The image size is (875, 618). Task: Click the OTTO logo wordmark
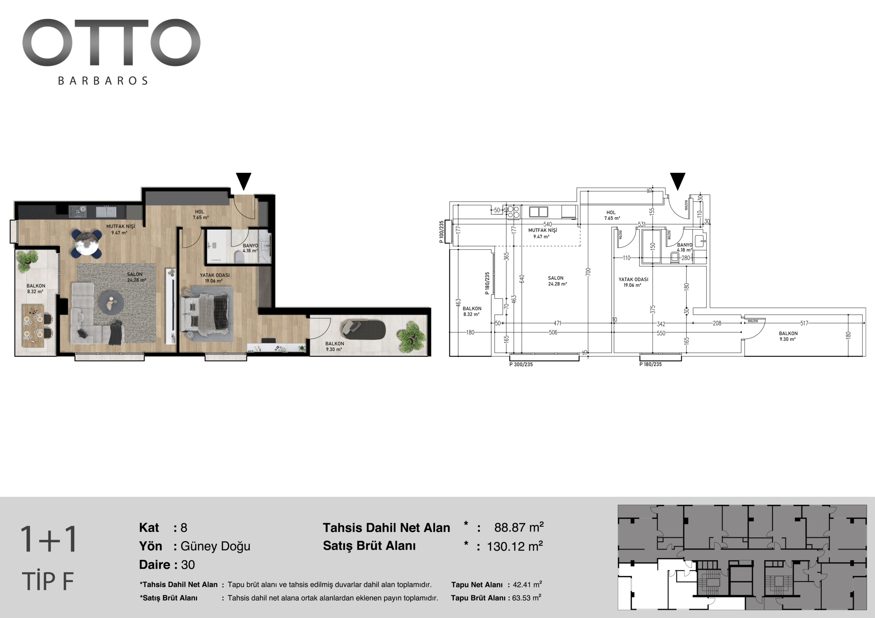[111, 42]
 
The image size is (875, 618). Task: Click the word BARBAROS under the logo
[103, 81]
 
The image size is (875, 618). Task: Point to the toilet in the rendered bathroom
[239, 259]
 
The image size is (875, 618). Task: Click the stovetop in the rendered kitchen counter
[77, 212]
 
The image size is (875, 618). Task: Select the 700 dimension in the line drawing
[588, 272]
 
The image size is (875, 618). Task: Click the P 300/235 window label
[521, 364]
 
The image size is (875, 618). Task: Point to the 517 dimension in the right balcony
[804, 323]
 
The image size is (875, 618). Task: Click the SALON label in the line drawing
[556, 278]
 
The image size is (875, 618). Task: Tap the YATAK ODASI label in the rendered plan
[215, 275]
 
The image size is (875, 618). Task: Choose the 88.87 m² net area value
[519, 528]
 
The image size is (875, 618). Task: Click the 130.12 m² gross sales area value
[515, 546]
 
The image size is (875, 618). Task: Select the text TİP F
[48, 581]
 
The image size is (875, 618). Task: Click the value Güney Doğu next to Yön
[215, 546]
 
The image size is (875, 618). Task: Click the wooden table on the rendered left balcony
[33, 326]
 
